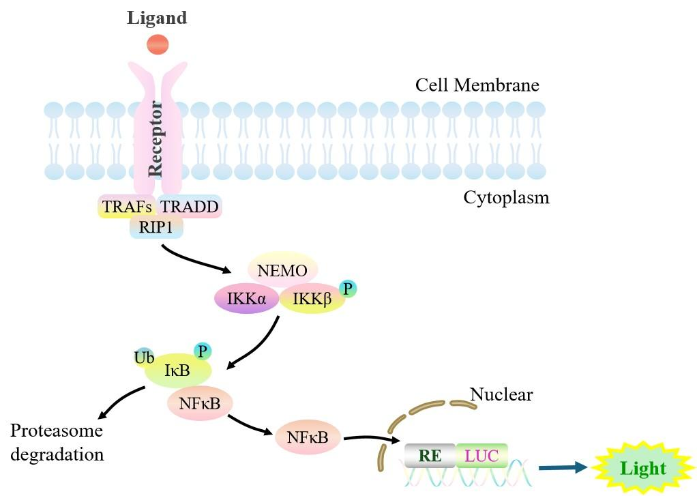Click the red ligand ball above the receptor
coord(157,44)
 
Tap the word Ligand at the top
coord(157,18)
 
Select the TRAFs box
coord(127,206)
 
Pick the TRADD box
coord(190,206)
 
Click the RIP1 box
coord(156,228)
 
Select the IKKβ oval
coord(312,298)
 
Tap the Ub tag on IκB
coord(145,356)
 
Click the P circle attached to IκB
coord(203,351)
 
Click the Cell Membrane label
coord(477,85)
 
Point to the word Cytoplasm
coord(506,198)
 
